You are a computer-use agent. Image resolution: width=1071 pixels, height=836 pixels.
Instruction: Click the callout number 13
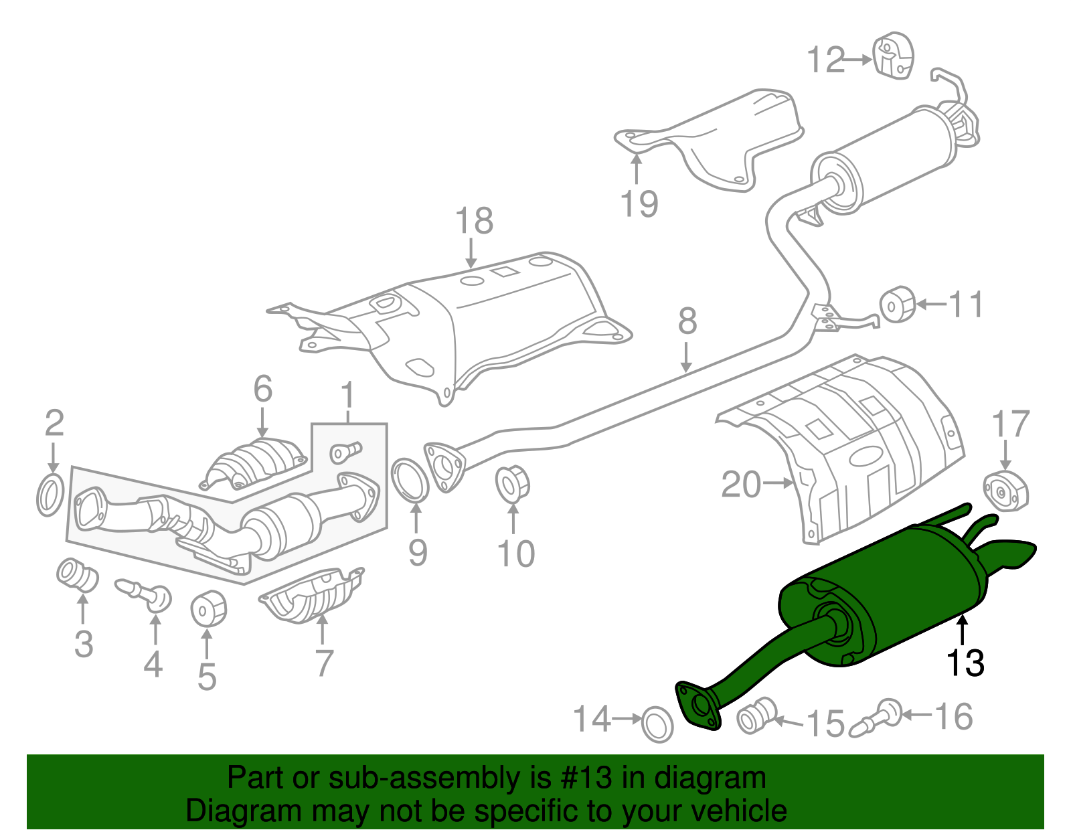[965, 663]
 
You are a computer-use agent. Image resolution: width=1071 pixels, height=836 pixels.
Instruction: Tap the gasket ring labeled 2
[50, 496]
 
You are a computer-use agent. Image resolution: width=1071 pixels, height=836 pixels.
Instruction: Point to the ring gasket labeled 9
[410, 480]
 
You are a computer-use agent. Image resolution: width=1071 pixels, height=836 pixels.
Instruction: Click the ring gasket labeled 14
[657, 724]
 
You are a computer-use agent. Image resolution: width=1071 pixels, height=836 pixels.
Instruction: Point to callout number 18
[474, 221]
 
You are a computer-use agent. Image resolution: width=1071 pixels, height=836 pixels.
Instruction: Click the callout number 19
[639, 204]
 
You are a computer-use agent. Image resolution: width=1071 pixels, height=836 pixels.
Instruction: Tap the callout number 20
[741, 484]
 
